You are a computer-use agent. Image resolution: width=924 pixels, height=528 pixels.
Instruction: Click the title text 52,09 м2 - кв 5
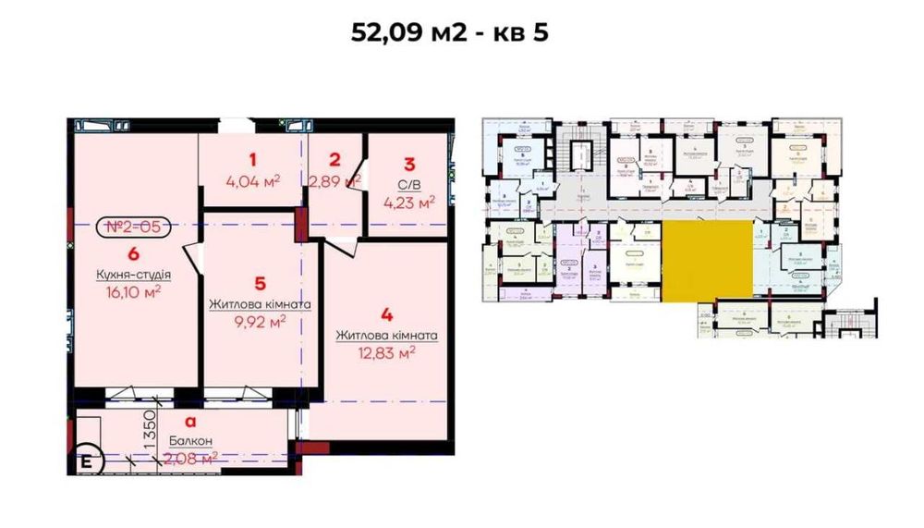coord(450,33)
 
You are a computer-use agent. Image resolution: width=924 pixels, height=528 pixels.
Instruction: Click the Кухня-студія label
coord(134,275)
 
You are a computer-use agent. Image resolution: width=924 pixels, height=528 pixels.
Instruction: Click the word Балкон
coord(190,441)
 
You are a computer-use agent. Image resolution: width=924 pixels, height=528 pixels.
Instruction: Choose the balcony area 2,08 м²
coord(190,456)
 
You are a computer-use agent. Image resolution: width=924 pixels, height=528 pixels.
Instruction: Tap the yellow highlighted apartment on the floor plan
coord(707,262)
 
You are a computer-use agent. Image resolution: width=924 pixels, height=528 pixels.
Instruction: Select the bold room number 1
coord(251,159)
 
